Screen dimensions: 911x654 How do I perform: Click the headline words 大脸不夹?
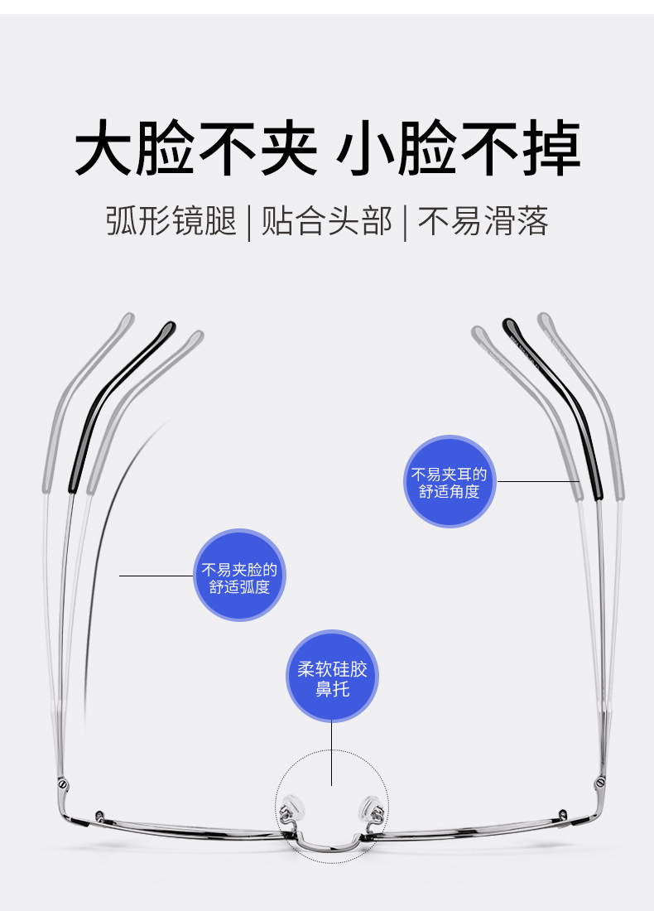click(196, 149)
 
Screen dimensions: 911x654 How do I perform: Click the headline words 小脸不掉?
click(458, 149)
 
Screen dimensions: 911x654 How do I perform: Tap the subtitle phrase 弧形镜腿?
click(171, 222)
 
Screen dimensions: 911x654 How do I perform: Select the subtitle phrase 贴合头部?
click(326, 222)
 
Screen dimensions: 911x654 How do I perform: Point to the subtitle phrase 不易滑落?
click(483, 222)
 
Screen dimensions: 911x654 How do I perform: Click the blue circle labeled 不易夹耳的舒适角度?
click(450, 482)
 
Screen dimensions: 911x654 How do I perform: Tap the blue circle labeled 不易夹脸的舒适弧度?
click(239, 576)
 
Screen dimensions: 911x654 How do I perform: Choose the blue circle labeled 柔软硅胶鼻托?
click(332, 677)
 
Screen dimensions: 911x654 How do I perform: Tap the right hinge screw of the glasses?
click(599, 782)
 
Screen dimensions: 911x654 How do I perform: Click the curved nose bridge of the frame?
click(331, 845)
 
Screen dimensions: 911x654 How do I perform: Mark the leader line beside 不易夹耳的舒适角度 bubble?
click(538, 481)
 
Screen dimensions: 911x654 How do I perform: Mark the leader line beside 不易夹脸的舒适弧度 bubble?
click(156, 576)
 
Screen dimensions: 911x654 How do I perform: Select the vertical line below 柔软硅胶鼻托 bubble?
click(331, 754)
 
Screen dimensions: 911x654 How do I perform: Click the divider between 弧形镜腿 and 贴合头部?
click(249, 223)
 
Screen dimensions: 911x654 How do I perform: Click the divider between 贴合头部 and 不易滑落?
click(405, 223)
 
